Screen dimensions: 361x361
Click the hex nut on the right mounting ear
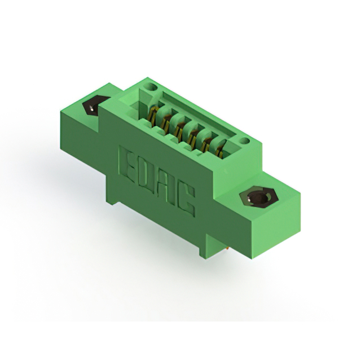coord(260,199)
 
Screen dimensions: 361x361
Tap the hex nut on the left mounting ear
coord(94,105)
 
